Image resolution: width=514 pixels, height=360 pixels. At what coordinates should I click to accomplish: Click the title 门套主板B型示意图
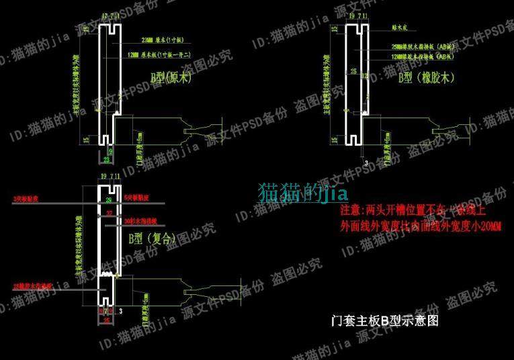point(384,320)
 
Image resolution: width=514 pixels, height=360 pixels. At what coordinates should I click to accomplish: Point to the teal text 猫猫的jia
point(302,193)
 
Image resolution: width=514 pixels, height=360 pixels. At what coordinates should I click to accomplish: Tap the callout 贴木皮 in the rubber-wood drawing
point(402,30)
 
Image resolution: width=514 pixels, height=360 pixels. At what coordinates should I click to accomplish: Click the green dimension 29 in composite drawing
point(109,201)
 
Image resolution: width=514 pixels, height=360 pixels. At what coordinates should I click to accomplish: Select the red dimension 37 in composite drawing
point(109,213)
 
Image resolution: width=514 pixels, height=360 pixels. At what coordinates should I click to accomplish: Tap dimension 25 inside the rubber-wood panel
point(353,71)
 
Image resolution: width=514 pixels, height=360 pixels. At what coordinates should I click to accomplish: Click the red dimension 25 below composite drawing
point(105,320)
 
